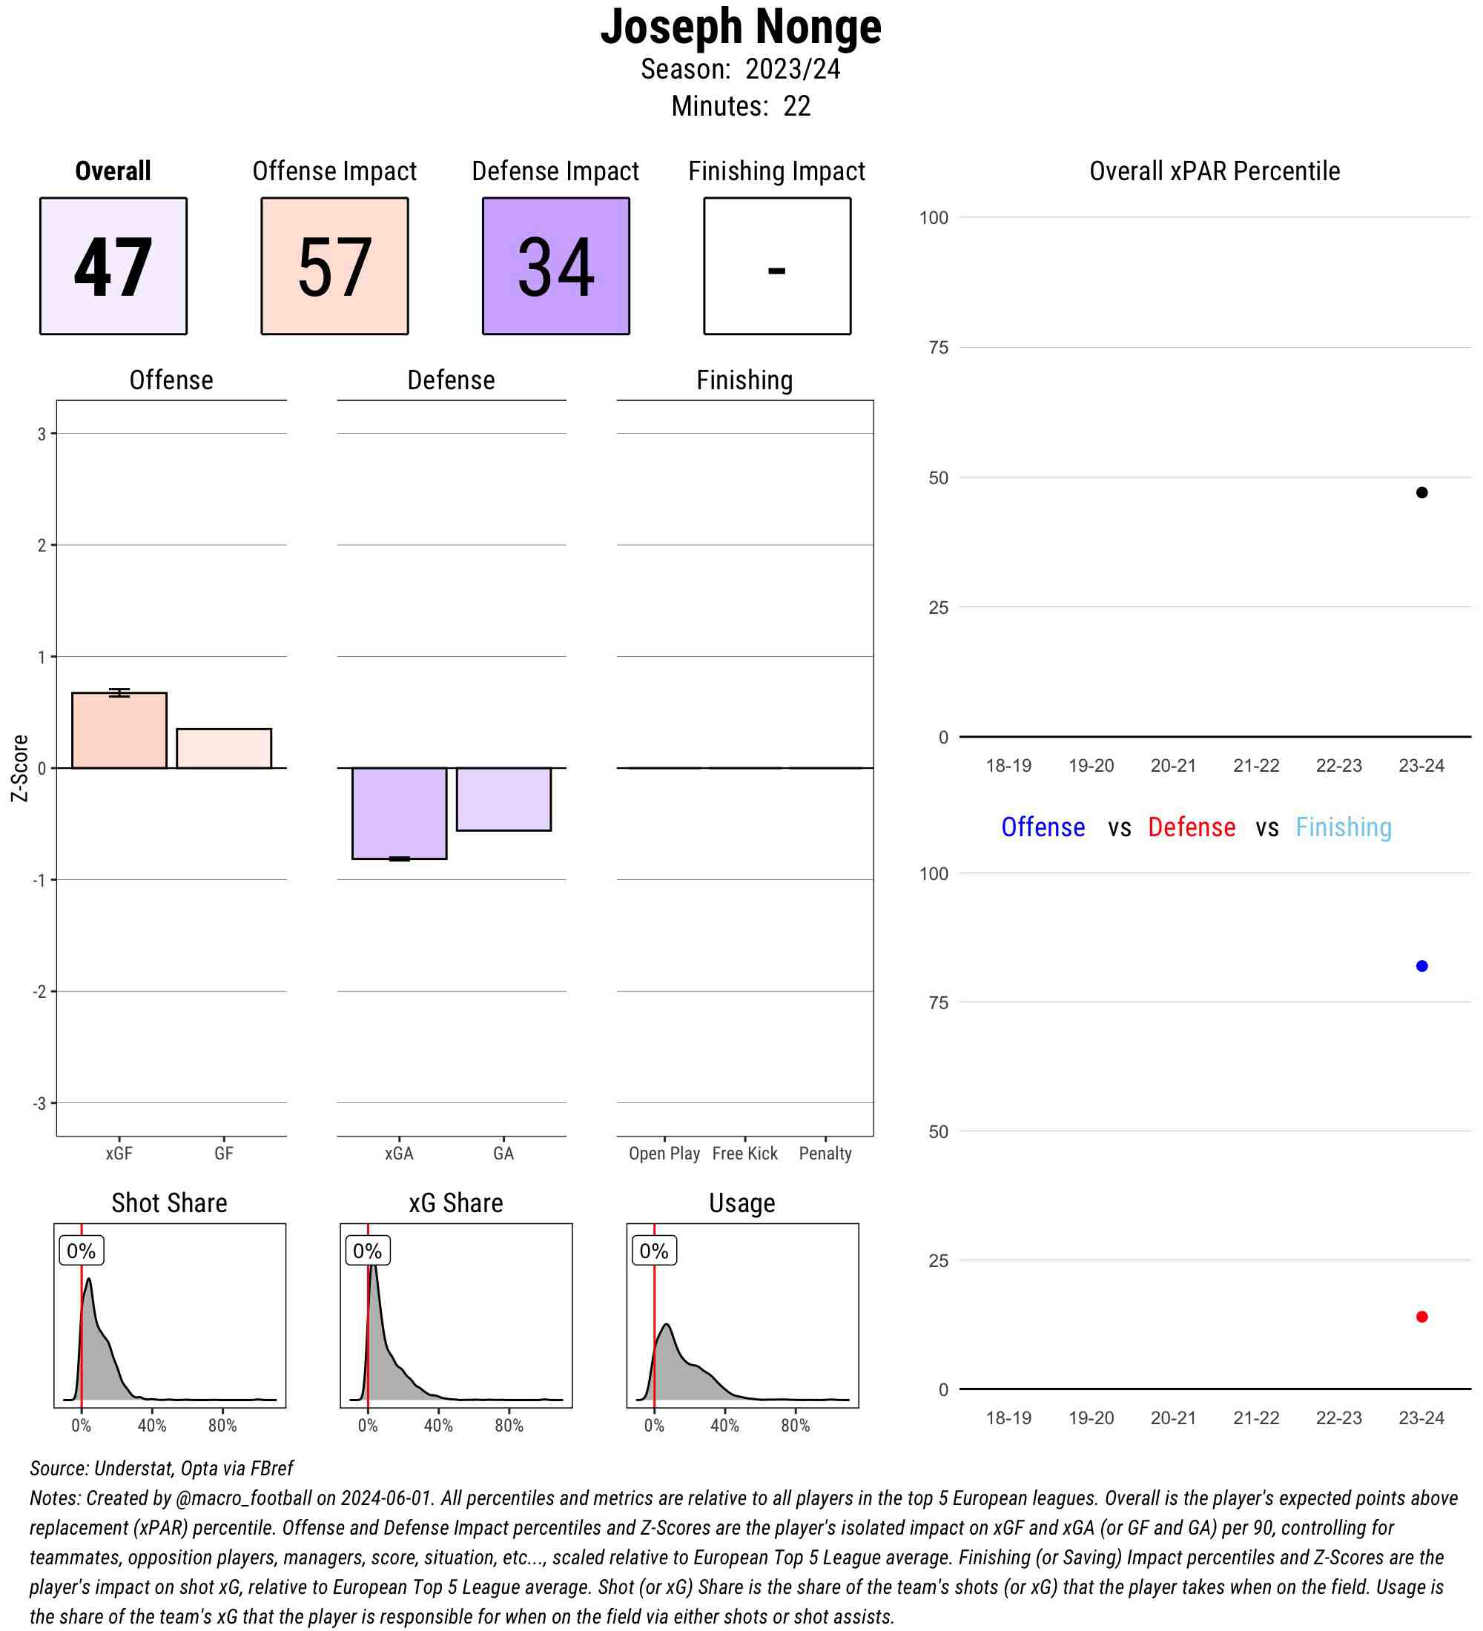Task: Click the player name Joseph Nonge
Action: pyautogui.click(x=740, y=27)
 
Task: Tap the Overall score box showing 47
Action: pyautogui.click(x=113, y=265)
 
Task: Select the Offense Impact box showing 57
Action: pyautogui.click(x=334, y=265)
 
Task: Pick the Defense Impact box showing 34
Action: pyautogui.click(x=556, y=265)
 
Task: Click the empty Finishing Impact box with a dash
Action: pyautogui.click(x=776, y=265)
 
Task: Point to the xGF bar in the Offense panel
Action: pyautogui.click(x=119, y=730)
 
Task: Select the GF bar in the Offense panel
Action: pyautogui.click(x=223, y=748)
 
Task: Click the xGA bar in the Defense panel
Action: pyautogui.click(x=399, y=813)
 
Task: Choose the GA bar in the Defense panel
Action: pyautogui.click(x=503, y=798)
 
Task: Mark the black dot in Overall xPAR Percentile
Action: pyautogui.click(x=1421, y=493)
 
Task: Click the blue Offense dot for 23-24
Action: pyautogui.click(x=1421, y=966)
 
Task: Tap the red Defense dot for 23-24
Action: pyautogui.click(x=1421, y=1317)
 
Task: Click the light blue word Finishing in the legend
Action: pyautogui.click(x=1343, y=827)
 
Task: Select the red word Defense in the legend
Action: pyautogui.click(x=1192, y=827)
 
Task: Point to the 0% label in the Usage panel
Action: pyautogui.click(x=654, y=1251)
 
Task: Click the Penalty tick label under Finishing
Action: pyautogui.click(x=825, y=1154)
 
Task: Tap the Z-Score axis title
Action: pyautogui.click(x=19, y=768)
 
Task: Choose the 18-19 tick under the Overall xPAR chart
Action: pyautogui.click(x=1008, y=765)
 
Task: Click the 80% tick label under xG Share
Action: pyautogui.click(x=509, y=1426)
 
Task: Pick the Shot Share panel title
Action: pyautogui.click(x=169, y=1203)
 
